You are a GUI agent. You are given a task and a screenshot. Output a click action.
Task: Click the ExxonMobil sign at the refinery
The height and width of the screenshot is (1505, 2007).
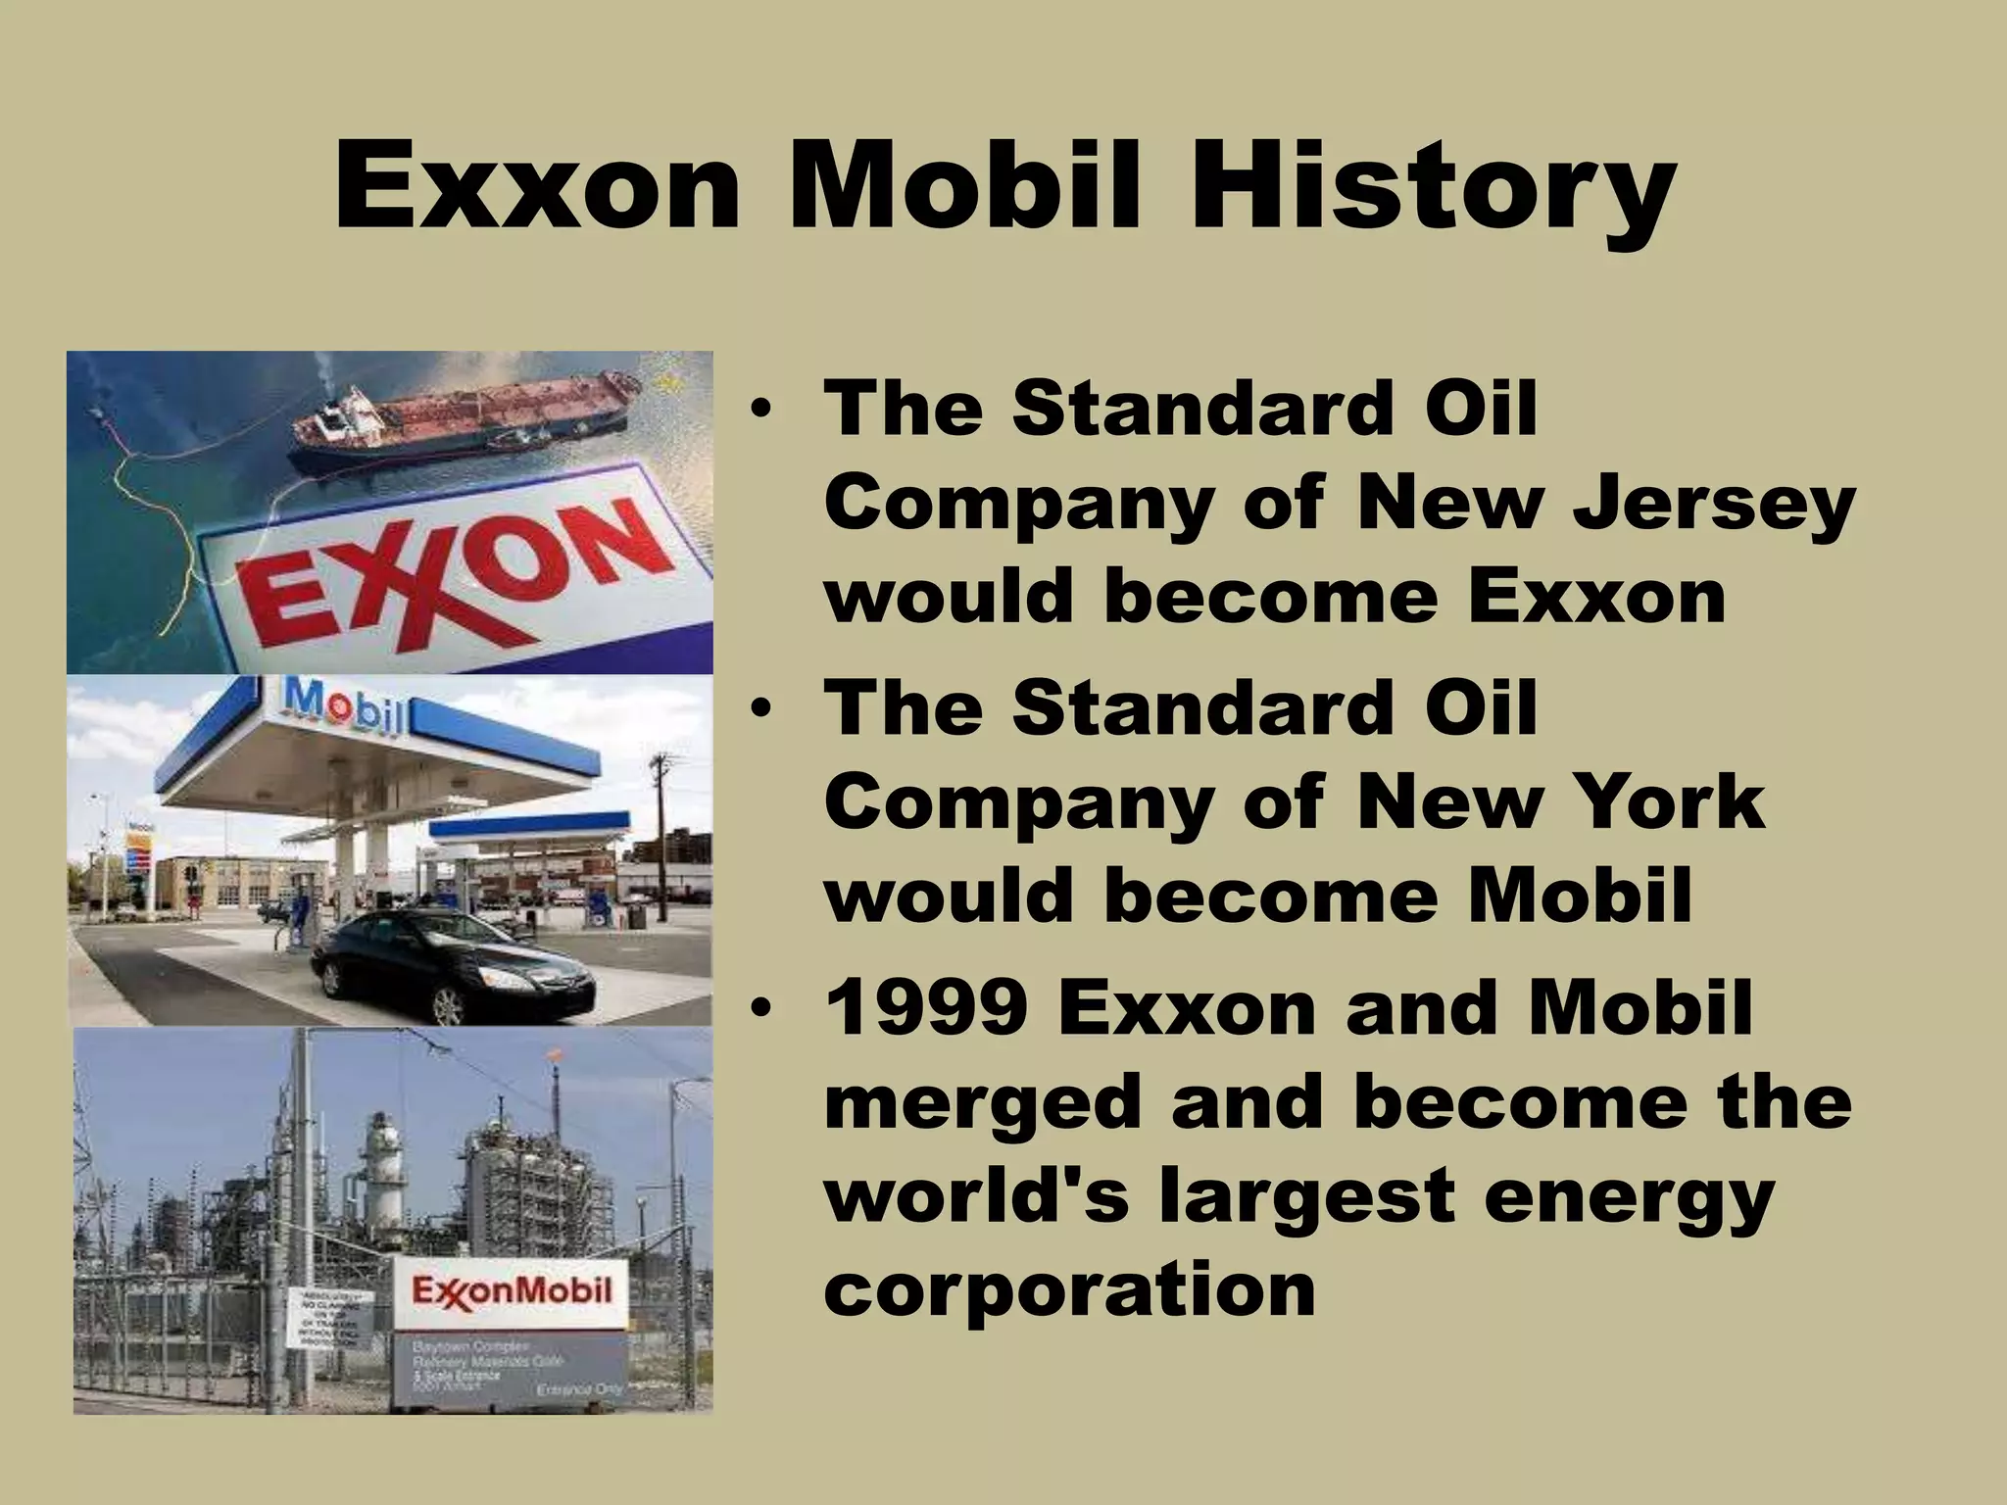pyautogui.click(x=511, y=1289)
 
